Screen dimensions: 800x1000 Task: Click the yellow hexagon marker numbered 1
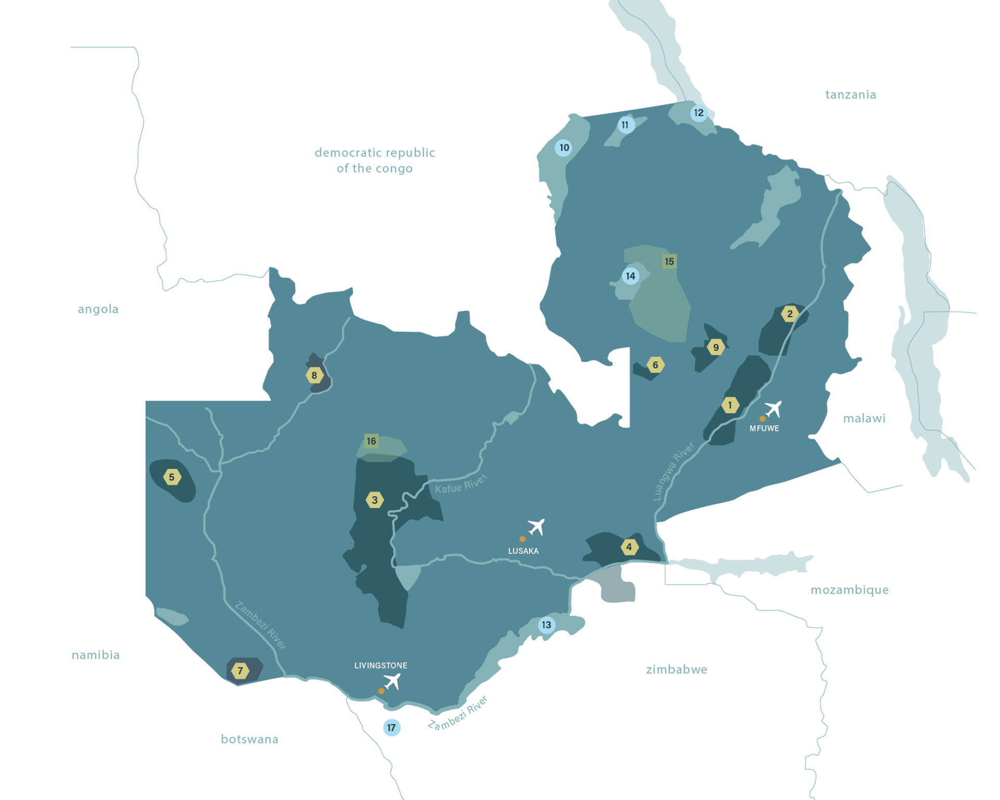[x=730, y=405]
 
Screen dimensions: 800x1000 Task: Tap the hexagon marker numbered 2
[x=790, y=314]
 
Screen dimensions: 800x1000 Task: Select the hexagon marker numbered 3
[x=374, y=500]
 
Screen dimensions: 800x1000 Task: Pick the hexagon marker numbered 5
[x=172, y=477]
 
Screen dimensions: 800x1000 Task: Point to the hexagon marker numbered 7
[x=240, y=671]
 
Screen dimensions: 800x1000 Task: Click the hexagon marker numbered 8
[x=314, y=375]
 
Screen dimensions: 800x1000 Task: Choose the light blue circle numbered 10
[x=564, y=148]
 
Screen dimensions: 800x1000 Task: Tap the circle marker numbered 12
[x=699, y=113]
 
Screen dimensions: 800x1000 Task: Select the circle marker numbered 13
[x=546, y=625]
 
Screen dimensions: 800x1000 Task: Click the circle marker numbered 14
[x=630, y=276]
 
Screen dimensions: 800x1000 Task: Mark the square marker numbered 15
[x=669, y=261]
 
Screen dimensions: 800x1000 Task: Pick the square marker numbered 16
[x=371, y=441]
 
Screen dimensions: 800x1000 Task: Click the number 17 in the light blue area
[x=391, y=728]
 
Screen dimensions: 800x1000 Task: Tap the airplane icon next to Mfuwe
[x=773, y=409]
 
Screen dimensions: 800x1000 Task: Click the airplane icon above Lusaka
[x=536, y=527]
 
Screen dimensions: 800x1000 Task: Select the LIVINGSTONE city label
[x=381, y=665]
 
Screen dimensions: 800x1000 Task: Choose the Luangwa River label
[x=674, y=472]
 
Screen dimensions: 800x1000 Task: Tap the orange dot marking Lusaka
[x=522, y=539]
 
